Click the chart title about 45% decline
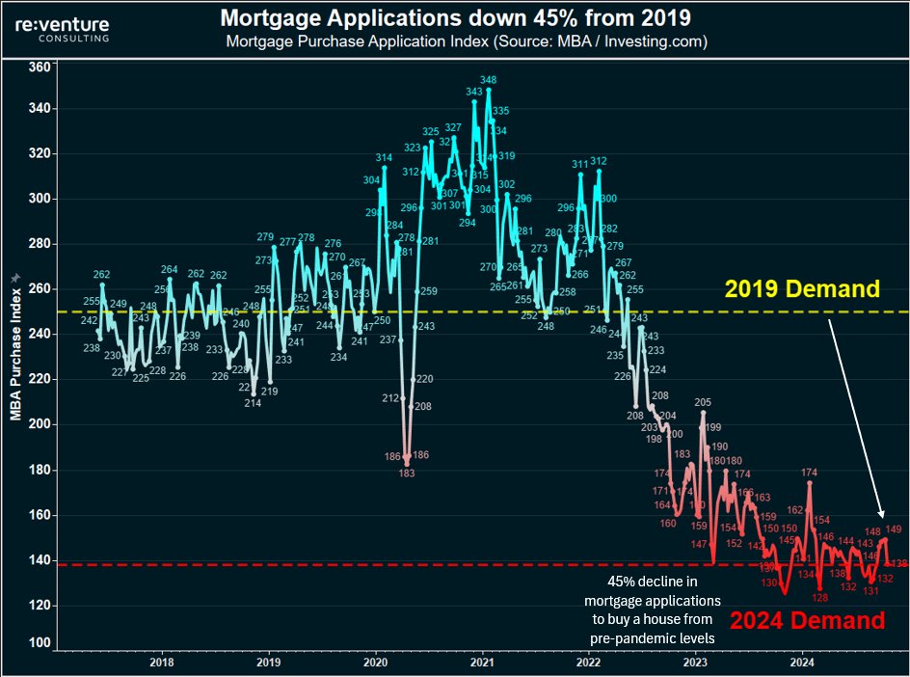456,17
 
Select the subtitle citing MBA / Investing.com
467,41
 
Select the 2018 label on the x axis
162,663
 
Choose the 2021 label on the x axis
482,663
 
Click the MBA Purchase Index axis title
14,348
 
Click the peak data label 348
489,80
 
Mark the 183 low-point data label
407,474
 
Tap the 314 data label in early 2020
384,157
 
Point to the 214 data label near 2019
253,403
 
